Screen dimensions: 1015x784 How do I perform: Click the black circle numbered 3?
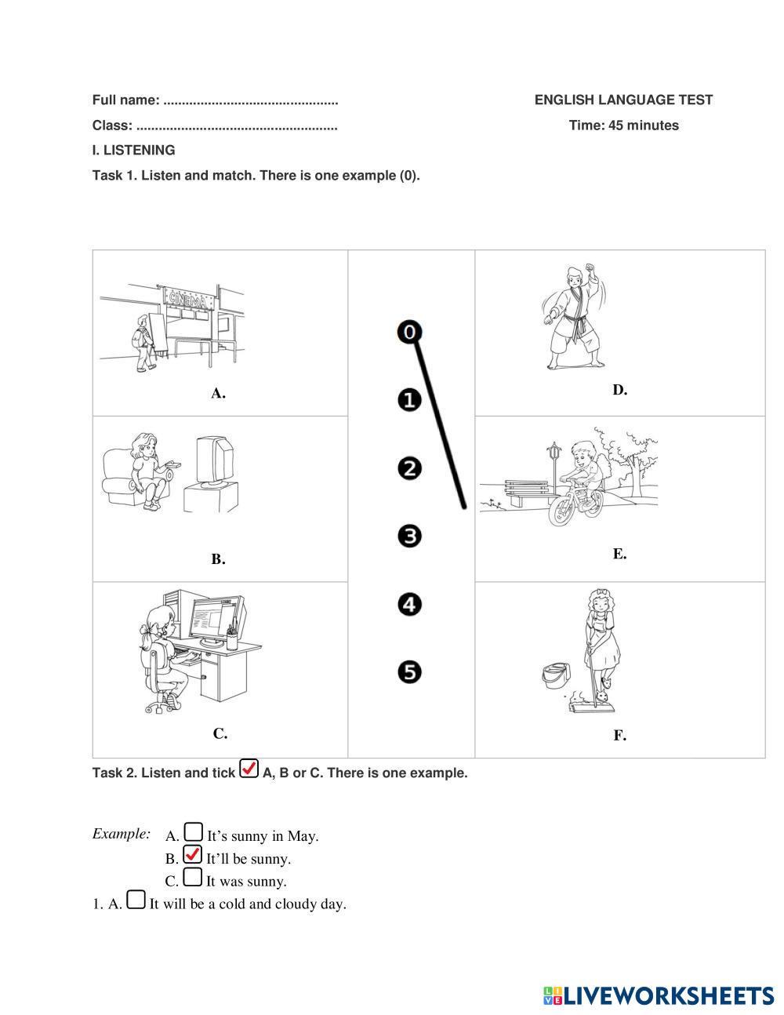[409, 537]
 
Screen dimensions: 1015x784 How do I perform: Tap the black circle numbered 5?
[409, 672]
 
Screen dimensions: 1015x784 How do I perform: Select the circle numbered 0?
[409, 332]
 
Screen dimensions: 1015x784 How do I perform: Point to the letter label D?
[619, 390]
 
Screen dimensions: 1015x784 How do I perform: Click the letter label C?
[220, 734]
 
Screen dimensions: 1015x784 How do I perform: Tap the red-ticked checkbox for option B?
[192, 854]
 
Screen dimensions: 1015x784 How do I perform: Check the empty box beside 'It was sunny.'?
[192, 877]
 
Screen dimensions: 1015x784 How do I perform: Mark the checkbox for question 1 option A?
[136, 900]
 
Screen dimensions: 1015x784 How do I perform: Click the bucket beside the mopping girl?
[554, 675]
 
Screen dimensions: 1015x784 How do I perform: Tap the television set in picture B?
[213, 462]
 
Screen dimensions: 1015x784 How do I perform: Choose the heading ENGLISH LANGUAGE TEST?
[623, 100]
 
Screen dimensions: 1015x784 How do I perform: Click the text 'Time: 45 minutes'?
[623, 126]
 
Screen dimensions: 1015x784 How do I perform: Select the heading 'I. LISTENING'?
[133, 150]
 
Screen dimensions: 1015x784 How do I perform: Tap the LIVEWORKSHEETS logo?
[658, 996]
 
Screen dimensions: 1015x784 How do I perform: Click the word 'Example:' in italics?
[122, 833]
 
